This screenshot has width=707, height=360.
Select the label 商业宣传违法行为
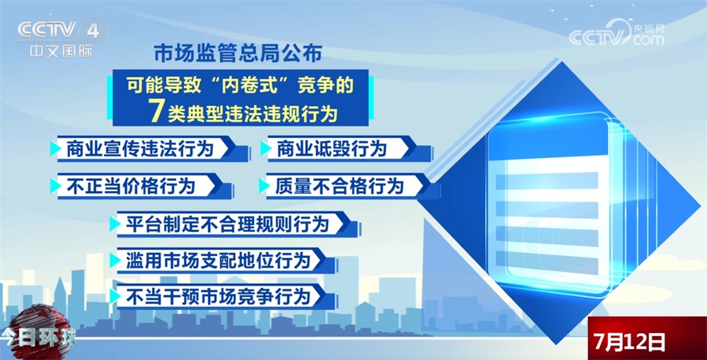(x=139, y=149)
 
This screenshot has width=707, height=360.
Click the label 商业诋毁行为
(x=332, y=149)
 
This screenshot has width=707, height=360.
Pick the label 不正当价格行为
(x=130, y=186)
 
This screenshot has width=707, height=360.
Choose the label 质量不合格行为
(x=340, y=186)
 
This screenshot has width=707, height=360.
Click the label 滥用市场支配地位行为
(x=218, y=260)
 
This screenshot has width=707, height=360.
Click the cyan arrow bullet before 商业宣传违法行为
(x=55, y=149)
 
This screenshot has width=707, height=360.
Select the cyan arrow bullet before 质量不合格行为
(x=263, y=186)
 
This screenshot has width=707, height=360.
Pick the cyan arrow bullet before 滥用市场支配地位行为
(x=115, y=260)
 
